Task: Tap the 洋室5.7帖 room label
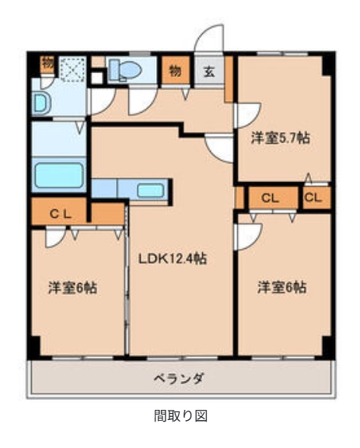[x=281, y=138]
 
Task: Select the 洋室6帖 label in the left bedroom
[x=72, y=287]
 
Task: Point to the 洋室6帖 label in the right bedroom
[x=281, y=287]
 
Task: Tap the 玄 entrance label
[x=210, y=72]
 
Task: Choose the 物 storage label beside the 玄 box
[x=175, y=71]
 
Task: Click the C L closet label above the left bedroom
[x=61, y=212]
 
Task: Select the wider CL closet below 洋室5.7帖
[x=270, y=198]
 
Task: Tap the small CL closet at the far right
[x=313, y=198]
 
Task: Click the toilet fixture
[x=124, y=71]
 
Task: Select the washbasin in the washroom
[x=41, y=102]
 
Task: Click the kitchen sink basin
[x=152, y=189]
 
